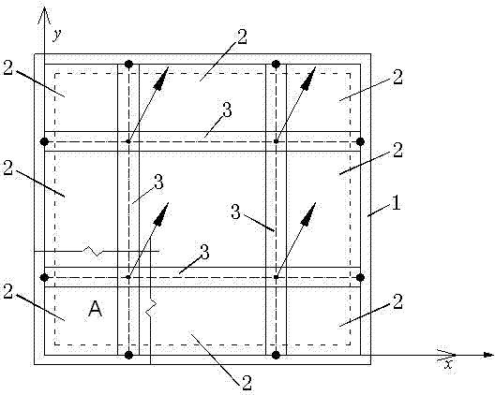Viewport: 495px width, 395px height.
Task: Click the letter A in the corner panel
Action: [x=95, y=309]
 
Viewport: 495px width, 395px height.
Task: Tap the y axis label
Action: [x=57, y=35]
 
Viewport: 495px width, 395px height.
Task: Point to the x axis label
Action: [x=448, y=364]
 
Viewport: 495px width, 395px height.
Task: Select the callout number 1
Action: [x=396, y=203]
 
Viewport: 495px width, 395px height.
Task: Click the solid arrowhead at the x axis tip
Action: [x=488, y=355]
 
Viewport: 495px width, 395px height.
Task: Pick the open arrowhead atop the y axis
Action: [x=44, y=15]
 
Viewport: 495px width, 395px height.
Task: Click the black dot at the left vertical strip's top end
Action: [x=128, y=65]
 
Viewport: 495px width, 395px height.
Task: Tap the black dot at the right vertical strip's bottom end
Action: [x=276, y=356]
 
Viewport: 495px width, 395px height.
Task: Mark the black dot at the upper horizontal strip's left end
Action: [x=44, y=141]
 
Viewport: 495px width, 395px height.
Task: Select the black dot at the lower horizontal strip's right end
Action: [x=361, y=277]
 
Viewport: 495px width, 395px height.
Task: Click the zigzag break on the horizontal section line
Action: [x=93, y=251]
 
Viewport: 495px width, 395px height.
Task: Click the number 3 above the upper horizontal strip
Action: [x=227, y=110]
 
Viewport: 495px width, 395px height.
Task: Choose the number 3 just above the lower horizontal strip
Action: [x=204, y=253]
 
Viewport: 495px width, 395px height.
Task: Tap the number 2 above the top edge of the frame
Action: [x=242, y=37]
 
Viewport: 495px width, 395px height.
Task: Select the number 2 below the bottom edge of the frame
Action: [x=247, y=383]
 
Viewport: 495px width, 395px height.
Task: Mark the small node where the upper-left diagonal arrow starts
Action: [x=128, y=141]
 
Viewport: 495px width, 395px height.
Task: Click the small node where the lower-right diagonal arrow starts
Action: [x=276, y=277]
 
